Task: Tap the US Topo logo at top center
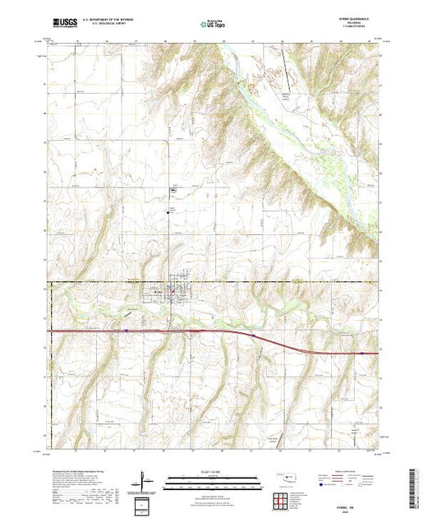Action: click(x=211, y=25)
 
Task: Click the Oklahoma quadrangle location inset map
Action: click(x=285, y=478)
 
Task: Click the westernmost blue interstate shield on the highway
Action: click(x=126, y=331)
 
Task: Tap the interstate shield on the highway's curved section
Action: click(x=255, y=335)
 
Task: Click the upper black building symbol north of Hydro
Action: click(x=173, y=191)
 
